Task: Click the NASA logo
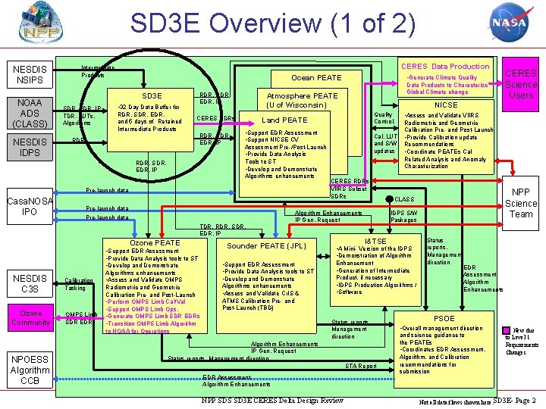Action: point(507,23)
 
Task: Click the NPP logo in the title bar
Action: point(33,24)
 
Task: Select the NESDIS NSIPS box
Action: point(30,74)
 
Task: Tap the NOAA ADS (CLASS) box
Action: point(30,113)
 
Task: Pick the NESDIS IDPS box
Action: point(30,148)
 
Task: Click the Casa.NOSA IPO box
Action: point(30,206)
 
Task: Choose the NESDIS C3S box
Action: point(30,283)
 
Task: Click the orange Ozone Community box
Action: point(30,318)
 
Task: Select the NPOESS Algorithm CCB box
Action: point(30,370)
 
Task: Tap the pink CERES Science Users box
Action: point(521,84)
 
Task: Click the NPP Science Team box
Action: point(521,203)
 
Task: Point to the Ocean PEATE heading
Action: point(316,78)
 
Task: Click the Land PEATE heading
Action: point(284,120)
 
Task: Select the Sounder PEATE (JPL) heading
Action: point(266,246)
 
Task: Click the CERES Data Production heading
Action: point(445,67)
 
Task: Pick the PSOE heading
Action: point(444,319)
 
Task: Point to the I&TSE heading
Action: point(375,242)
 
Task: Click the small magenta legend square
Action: point(507,329)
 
